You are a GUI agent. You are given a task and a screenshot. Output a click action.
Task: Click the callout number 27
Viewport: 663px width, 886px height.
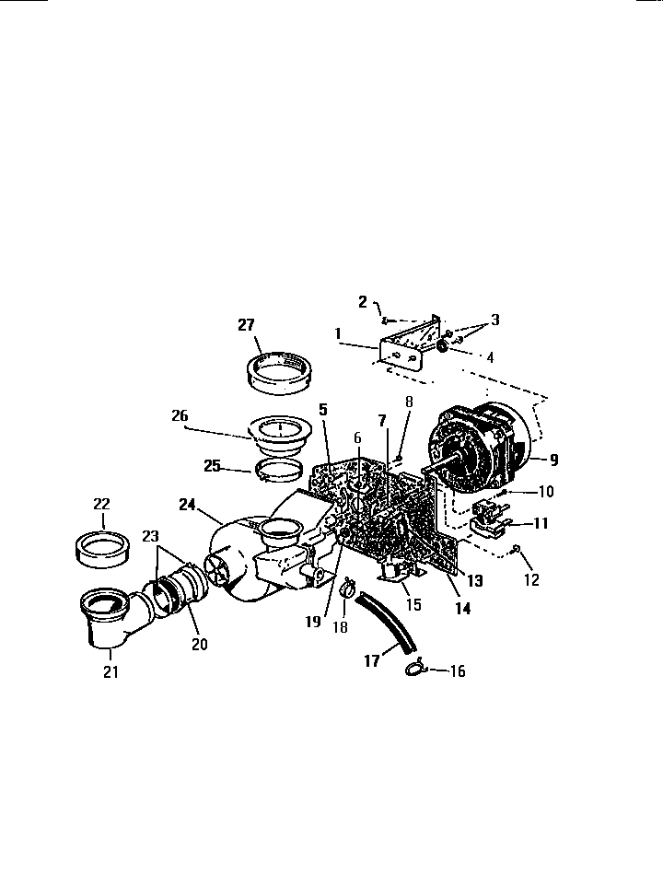246,324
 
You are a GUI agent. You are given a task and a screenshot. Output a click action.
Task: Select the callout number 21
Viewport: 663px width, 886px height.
110,671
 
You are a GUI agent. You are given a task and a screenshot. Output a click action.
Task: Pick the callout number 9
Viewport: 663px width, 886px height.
553,458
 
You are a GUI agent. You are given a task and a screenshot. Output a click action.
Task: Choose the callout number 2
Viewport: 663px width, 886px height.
363,301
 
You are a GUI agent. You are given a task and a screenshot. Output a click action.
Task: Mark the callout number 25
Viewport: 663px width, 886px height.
212,465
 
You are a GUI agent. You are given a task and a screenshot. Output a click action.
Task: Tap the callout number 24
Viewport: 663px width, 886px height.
189,504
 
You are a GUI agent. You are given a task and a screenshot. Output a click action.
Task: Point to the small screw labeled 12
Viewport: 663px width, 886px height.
517,550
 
